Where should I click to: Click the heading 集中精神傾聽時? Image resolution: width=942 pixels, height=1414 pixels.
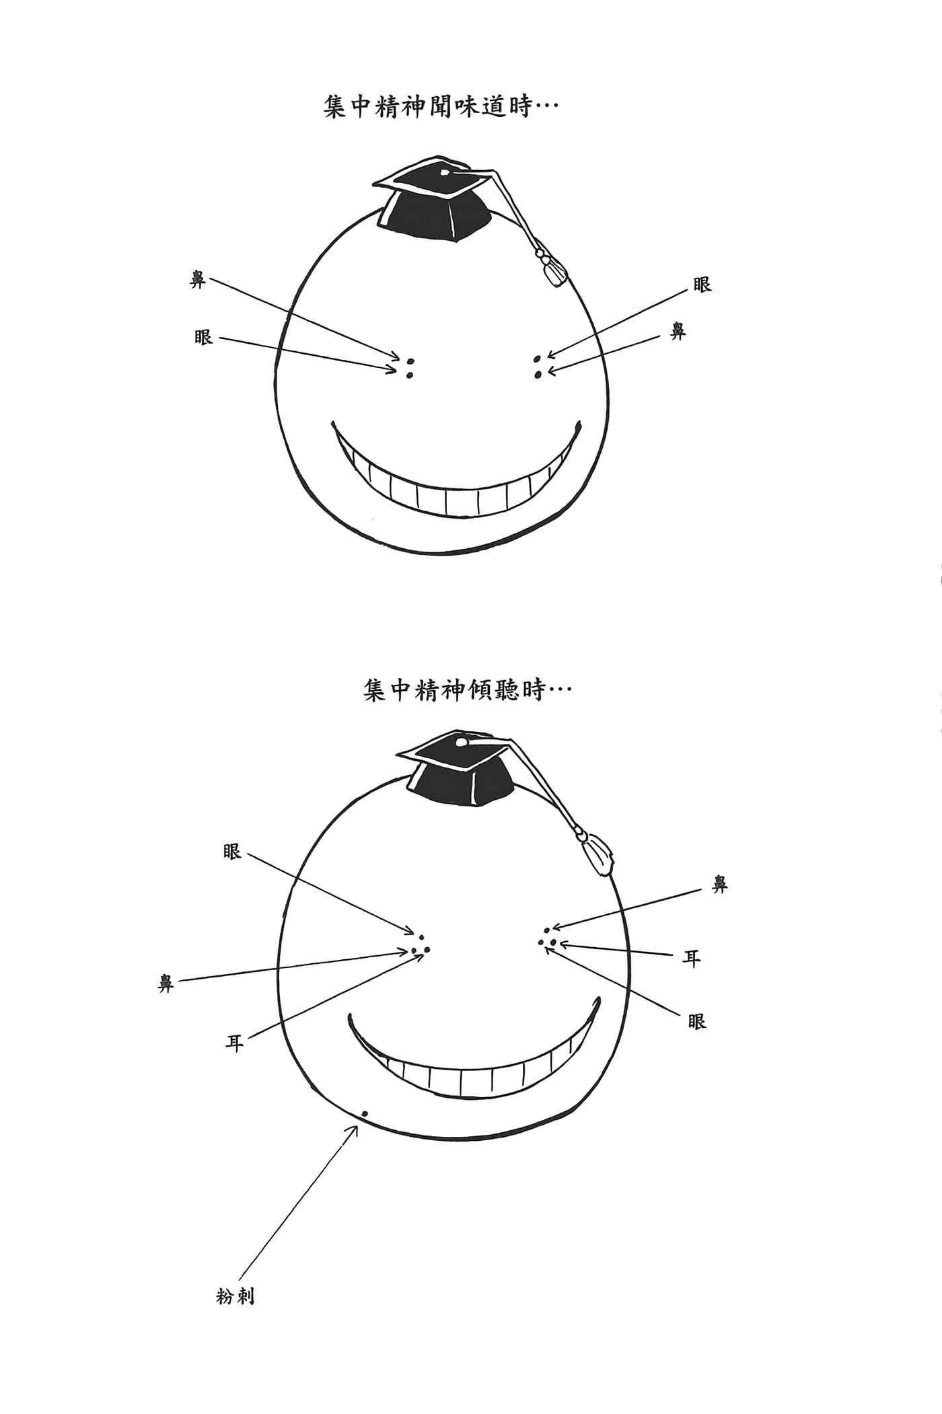(455, 690)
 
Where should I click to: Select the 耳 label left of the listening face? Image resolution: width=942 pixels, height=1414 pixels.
(234, 1043)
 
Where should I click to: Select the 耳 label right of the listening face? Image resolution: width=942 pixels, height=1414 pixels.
(691, 958)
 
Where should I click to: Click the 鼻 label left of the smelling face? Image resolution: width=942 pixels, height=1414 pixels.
(197, 280)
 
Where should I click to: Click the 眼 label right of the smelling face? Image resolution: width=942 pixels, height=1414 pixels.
(702, 285)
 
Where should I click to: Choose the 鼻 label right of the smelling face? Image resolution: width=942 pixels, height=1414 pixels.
(678, 331)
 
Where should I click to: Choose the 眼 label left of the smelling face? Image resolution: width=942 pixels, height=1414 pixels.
(203, 336)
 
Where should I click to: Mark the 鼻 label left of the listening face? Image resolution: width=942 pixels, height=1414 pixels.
(166, 984)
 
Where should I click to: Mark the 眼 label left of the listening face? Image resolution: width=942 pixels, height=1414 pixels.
(232, 852)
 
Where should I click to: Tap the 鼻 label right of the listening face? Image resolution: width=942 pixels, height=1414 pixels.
(720, 885)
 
